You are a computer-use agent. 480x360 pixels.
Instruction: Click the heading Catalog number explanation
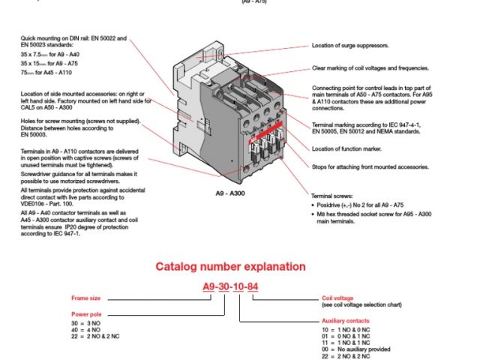230,266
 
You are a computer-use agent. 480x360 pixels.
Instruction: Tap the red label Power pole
85,314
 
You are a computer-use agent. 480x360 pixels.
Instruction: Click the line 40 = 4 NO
85,328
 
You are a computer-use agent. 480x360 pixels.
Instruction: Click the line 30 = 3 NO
85,322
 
